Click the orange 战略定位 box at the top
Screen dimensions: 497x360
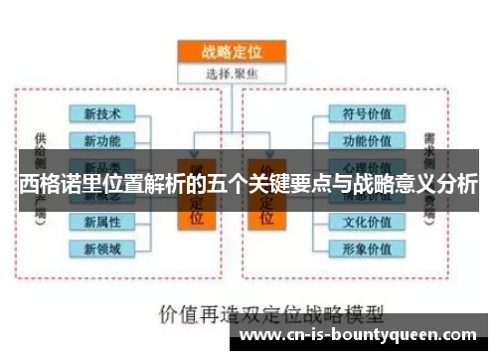(x=231, y=53)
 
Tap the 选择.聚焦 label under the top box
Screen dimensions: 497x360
(x=231, y=75)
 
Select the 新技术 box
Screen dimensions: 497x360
(x=101, y=115)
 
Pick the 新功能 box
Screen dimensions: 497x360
(x=101, y=140)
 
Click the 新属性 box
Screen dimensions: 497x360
(x=101, y=221)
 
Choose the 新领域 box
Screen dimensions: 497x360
(x=101, y=248)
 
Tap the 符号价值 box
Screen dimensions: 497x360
(x=367, y=113)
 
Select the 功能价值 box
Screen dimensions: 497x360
(x=367, y=140)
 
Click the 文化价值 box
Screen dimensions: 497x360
(x=367, y=221)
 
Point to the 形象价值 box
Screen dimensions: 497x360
(x=367, y=248)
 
